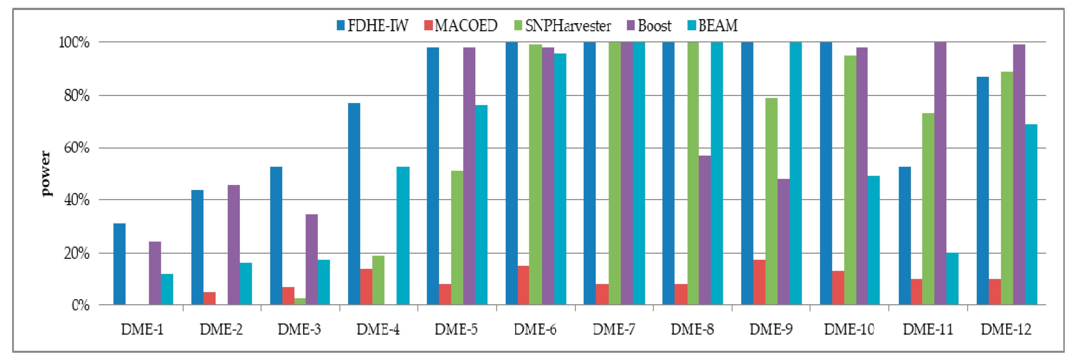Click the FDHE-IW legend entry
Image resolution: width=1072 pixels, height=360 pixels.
pyautogui.click(x=373, y=26)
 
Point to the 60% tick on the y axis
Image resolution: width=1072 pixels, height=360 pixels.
pyautogui.click(x=76, y=148)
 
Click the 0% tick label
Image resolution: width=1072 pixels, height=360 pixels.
pyautogui.click(x=80, y=305)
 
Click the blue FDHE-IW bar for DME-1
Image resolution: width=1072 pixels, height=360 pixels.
pyautogui.click(x=119, y=264)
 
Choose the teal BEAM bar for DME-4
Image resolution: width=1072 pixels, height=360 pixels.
pyautogui.click(x=403, y=236)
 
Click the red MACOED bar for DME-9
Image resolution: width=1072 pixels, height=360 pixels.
pyautogui.click(x=759, y=282)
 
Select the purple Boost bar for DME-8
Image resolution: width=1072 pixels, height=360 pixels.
pyautogui.click(x=705, y=230)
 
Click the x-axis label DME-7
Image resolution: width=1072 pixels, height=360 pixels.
pyautogui.click(x=614, y=330)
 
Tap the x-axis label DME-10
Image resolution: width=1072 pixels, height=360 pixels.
pyautogui.click(x=849, y=330)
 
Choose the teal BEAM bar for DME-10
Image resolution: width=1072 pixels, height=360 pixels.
pyautogui.click(x=873, y=240)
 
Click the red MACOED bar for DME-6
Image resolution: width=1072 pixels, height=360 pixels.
pyautogui.click(x=523, y=285)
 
